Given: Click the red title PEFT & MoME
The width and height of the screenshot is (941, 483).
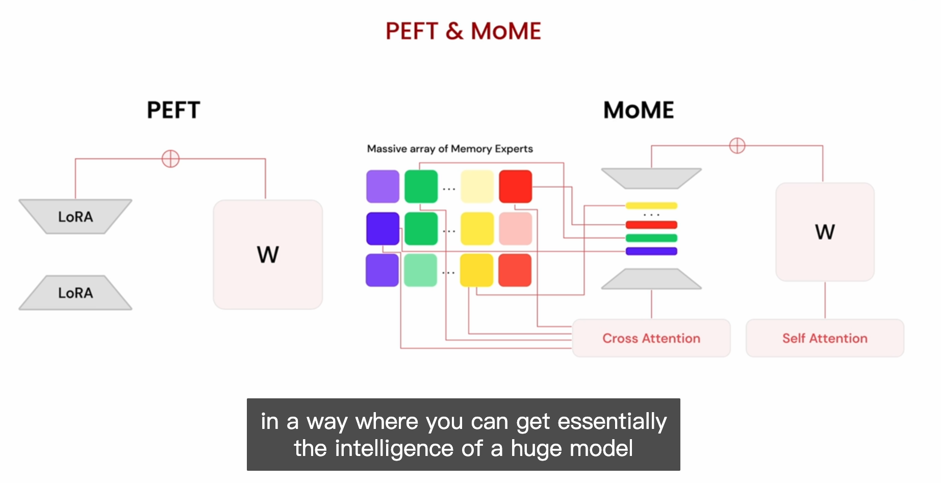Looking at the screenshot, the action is [463, 31].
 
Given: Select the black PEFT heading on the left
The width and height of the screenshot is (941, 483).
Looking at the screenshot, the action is [173, 110].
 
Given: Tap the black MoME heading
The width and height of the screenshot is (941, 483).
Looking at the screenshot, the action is [639, 110].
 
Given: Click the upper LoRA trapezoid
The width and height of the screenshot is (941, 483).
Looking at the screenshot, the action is [75, 217].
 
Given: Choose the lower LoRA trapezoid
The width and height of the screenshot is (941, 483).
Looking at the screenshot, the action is [75, 293].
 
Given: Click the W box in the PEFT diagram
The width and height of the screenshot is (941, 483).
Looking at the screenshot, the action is [268, 255].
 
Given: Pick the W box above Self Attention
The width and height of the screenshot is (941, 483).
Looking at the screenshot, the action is [825, 232].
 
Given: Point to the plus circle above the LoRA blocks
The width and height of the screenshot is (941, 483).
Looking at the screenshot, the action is [170, 159].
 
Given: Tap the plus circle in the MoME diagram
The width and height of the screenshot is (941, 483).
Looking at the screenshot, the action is [737, 145].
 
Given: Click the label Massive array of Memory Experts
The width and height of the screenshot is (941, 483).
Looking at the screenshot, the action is [450, 149].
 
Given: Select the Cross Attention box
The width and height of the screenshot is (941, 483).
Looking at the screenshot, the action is [651, 338].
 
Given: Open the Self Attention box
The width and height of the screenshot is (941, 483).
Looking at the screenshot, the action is [825, 338].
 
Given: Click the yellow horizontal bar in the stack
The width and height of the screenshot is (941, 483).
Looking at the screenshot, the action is [651, 206].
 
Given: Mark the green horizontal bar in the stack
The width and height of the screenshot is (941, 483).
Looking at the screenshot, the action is [651, 238].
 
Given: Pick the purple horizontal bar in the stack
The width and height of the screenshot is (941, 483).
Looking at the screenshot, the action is [651, 251].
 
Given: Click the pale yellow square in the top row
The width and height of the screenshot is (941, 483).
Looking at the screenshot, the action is [477, 187].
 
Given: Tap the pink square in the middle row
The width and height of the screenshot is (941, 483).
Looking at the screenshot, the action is [515, 228].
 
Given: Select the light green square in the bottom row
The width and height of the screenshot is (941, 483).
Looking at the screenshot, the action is [421, 270].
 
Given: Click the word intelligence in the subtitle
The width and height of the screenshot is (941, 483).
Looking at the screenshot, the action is [394, 448].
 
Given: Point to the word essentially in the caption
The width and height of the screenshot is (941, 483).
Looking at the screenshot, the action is [612, 422].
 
